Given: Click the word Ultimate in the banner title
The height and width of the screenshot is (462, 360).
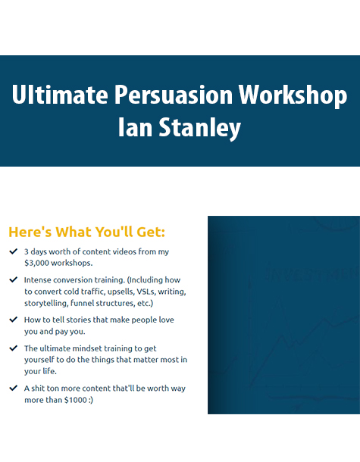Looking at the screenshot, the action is pyautogui.click(x=60, y=94).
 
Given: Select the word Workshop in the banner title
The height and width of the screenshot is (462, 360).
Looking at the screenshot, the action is pyautogui.click(x=293, y=95).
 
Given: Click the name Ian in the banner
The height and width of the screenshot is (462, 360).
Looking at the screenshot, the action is pyautogui.click(x=135, y=127).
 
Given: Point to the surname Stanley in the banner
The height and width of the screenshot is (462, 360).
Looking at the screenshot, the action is pyautogui.click(x=200, y=129).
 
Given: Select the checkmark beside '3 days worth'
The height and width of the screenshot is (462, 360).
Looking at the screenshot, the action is pyautogui.click(x=14, y=251).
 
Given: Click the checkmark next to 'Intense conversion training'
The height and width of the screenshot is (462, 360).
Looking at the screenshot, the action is pyautogui.click(x=14, y=279).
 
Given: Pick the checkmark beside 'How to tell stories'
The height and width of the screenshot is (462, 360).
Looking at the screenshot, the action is pyautogui.click(x=14, y=320).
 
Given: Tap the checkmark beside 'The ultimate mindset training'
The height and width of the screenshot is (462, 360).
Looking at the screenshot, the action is pyautogui.click(x=14, y=348).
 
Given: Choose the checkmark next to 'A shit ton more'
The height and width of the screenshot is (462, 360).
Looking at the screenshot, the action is pyautogui.click(x=14, y=388).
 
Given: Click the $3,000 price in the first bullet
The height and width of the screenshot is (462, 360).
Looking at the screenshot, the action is pyautogui.click(x=36, y=263).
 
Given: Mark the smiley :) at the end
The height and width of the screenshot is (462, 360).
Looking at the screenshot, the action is pyautogui.click(x=91, y=401).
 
